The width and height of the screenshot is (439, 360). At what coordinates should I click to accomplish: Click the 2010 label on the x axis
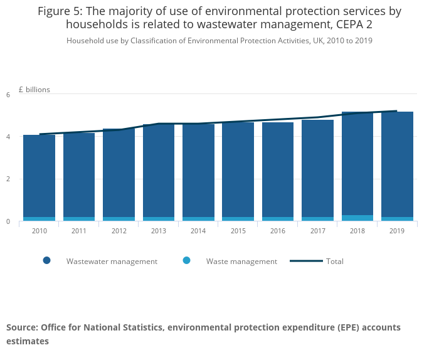[x=40, y=231]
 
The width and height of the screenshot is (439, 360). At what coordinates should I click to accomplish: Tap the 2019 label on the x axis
[x=397, y=231]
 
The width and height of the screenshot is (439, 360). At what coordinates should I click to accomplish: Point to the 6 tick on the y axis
[x=8, y=95]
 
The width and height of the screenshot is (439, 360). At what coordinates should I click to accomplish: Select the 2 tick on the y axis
[x=8, y=179]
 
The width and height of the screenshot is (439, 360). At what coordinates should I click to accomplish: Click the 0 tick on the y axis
[x=8, y=221]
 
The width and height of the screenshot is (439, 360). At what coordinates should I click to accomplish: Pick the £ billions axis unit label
[x=34, y=90]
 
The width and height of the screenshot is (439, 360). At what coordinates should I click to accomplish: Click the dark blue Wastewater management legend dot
[x=46, y=261]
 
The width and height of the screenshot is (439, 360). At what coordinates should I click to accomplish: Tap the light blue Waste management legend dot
[x=186, y=261]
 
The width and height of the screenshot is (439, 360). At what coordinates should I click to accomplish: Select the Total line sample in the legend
[x=306, y=261]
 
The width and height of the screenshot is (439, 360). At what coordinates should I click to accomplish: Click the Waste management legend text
[x=241, y=262]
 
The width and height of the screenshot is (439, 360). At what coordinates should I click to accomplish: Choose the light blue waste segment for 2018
[x=357, y=218]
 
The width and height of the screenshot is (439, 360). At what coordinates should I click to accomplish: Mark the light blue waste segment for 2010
[x=40, y=219]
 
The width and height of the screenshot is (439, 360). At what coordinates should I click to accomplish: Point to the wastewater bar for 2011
[x=79, y=175]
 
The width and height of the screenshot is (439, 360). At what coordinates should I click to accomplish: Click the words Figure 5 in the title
[x=63, y=11]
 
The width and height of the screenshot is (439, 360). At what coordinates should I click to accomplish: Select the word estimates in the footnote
[x=28, y=341]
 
